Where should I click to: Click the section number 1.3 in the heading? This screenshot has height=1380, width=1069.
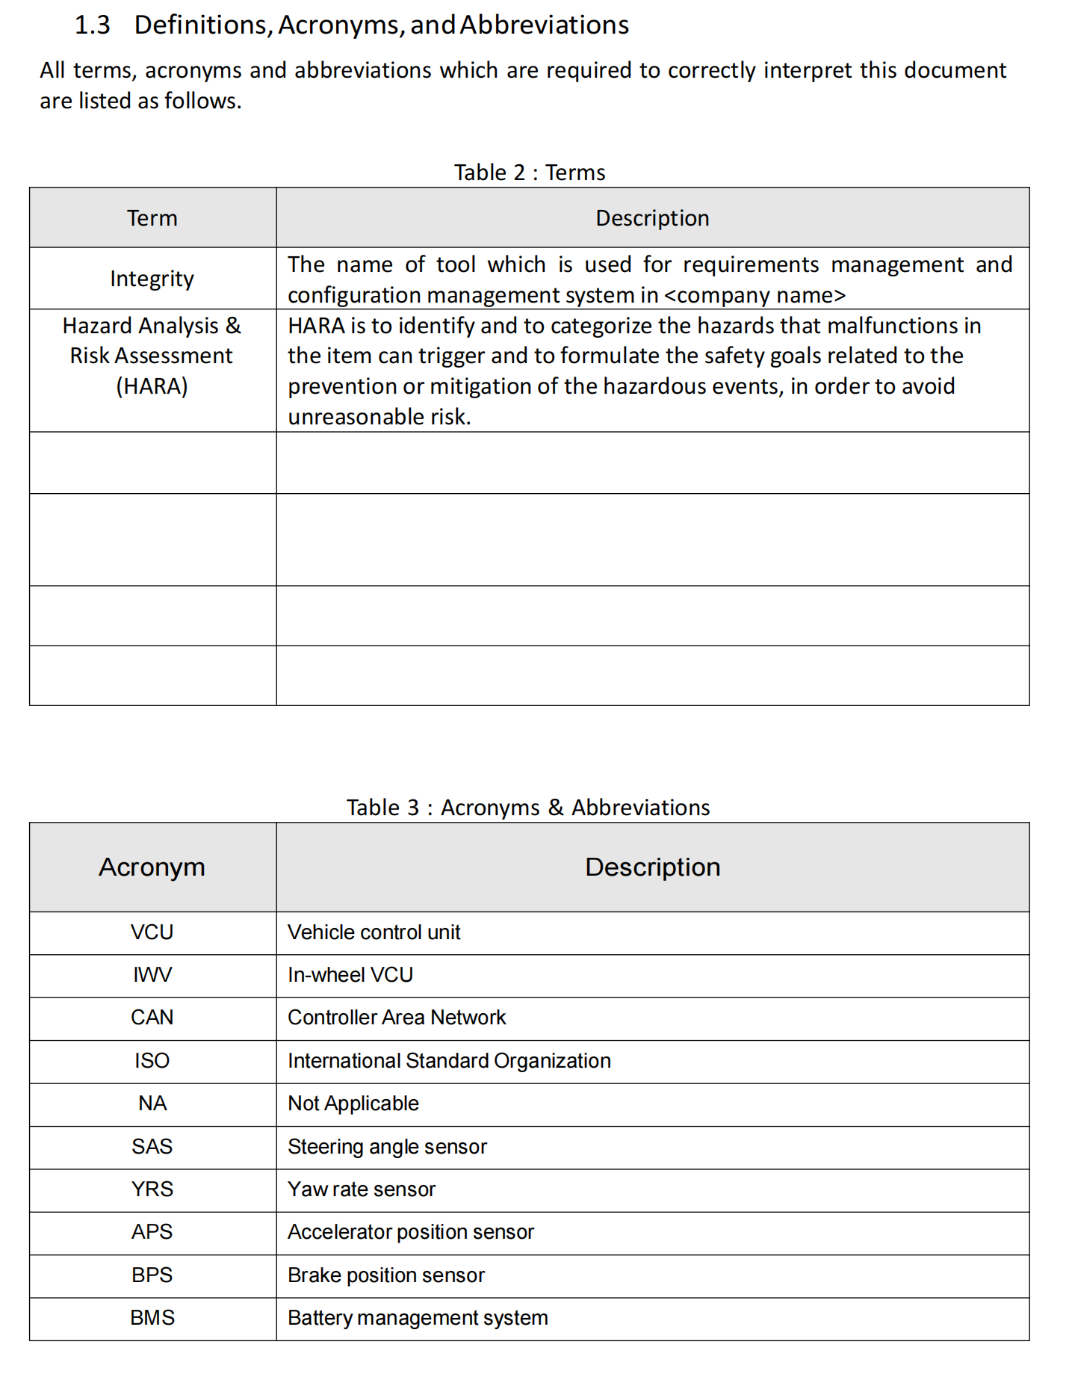(92, 25)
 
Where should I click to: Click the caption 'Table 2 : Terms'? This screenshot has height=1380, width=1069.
(529, 173)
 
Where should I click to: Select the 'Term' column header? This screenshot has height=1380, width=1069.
(152, 218)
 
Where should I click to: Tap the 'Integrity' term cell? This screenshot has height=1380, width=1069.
(152, 279)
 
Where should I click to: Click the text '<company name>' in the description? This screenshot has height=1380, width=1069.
(755, 295)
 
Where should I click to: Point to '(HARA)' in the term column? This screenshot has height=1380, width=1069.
(152, 386)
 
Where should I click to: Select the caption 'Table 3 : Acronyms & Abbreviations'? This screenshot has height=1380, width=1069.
(527, 808)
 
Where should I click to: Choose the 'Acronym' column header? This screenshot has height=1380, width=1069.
(152, 867)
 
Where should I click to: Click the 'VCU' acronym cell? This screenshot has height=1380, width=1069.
(152, 932)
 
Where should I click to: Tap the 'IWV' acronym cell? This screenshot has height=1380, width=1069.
(152, 975)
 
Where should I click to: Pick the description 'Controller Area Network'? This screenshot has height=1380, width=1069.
(397, 1018)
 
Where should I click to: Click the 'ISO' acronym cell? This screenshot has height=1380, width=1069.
(152, 1061)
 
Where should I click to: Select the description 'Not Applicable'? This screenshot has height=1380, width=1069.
(353, 1104)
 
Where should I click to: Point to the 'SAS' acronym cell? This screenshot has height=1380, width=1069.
(152, 1147)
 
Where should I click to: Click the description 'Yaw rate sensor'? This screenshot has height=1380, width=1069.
(362, 1189)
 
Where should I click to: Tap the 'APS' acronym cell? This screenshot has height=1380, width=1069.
(152, 1232)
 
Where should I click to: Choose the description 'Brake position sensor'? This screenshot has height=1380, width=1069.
(386, 1275)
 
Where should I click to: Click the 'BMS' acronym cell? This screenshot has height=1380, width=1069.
(152, 1318)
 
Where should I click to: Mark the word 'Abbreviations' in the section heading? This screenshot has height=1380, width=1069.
(544, 25)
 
